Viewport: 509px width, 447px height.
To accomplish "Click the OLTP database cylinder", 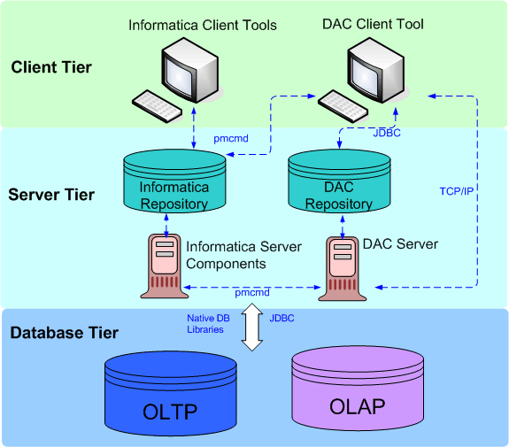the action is coord(171,393).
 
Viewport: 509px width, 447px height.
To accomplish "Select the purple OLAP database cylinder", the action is coord(358,389).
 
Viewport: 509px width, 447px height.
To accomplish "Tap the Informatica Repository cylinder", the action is coord(174,181).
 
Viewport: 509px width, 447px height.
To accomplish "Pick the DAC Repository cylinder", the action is coord(339,181).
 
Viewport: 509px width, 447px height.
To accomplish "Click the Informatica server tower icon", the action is coord(165,266).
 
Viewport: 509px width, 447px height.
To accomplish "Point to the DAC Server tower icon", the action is coord(343,269).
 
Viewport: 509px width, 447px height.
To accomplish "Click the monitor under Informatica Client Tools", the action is coord(190,70).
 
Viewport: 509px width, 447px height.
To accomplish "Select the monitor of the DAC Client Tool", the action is coord(376,70).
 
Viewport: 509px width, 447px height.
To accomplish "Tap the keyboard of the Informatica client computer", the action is coord(157,106).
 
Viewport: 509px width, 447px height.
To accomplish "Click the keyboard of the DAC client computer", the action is coord(343,106).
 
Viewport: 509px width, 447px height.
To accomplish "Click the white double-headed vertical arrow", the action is coord(252,327).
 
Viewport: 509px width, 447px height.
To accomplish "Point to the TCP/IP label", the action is coord(457,191).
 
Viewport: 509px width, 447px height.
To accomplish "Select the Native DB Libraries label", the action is coord(208,324).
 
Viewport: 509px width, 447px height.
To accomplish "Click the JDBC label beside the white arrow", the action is coord(281,318).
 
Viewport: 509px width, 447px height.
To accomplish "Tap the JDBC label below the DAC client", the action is coord(387,133).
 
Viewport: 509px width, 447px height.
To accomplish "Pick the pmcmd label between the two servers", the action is coord(252,292).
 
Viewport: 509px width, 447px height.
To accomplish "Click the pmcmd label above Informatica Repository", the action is coord(231,139).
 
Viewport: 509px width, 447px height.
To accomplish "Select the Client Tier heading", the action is coord(51,67).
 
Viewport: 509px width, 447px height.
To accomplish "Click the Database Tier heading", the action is coord(65,333).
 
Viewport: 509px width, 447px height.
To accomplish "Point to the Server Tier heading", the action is coord(51,195).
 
